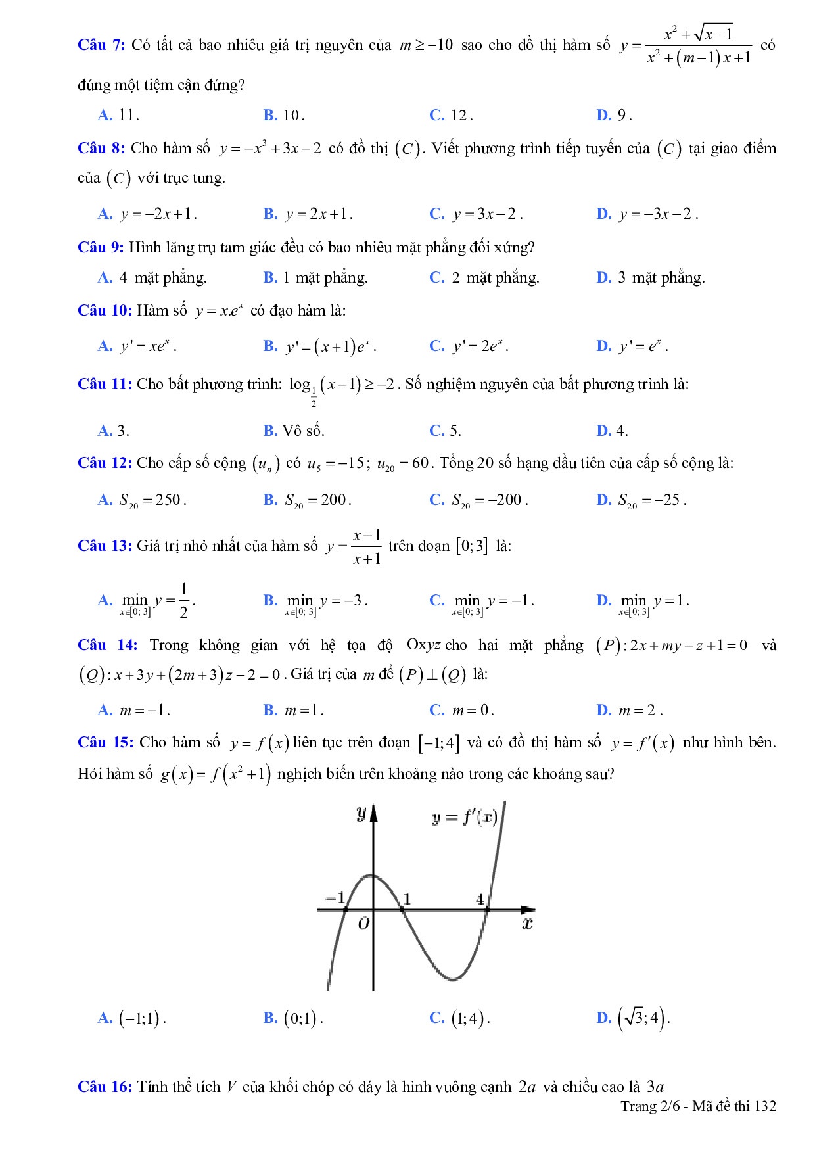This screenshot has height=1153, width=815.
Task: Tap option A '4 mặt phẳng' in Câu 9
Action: (x=152, y=278)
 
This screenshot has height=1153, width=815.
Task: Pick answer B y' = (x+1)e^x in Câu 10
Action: (x=320, y=346)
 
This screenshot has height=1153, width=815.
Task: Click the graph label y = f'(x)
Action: (x=464, y=818)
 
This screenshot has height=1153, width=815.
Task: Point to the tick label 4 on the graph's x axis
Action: (x=480, y=899)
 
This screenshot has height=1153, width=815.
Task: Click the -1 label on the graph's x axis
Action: (x=335, y=897)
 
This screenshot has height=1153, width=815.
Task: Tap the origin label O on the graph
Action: (x=363, y=924)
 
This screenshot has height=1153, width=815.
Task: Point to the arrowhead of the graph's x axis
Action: (x=528, y=910)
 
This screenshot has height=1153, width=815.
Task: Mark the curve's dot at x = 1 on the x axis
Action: (x=402, y=910)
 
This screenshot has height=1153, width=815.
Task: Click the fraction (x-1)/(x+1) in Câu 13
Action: (x=366, y=547)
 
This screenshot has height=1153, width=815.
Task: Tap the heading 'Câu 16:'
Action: (x=105, y=1087)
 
